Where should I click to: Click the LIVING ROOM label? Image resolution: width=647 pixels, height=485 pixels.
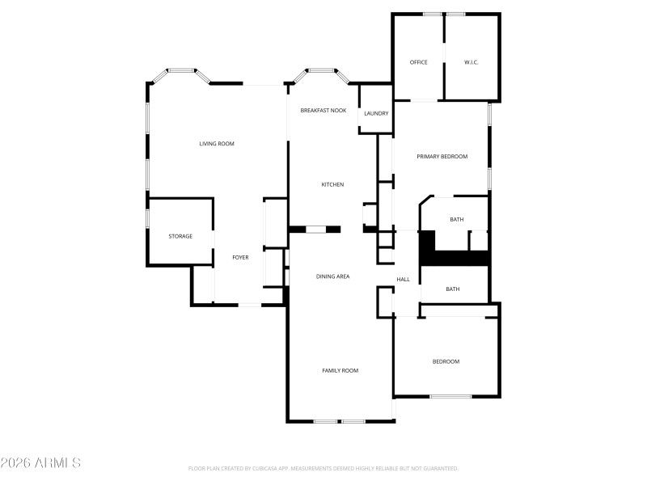click(217, 144)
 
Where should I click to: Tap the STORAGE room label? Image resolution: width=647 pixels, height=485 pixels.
click(180, 236)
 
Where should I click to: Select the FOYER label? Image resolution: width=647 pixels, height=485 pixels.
click(240, 257)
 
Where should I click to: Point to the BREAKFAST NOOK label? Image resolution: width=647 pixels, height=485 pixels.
click(323, 110)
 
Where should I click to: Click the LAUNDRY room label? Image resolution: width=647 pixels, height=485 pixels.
click(376, 114)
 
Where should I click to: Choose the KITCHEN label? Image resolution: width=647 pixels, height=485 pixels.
click(332, 184)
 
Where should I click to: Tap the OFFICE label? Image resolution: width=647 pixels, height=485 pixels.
click(418, 62)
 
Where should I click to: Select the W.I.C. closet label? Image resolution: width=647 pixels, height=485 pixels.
click(472, 62)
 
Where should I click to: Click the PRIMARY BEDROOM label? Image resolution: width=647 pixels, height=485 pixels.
click(442, 156)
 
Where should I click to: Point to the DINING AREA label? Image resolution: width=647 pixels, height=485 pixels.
click(332, 276)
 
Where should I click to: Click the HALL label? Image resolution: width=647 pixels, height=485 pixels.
click(403, 280)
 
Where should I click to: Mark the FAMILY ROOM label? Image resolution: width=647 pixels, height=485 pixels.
click(340, 370)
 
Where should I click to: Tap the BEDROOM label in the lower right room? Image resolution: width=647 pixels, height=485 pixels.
click(445, 361)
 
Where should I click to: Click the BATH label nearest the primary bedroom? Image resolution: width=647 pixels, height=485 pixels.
click(456, 219)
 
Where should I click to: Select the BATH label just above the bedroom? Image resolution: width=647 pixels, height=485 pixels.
click(452, 289)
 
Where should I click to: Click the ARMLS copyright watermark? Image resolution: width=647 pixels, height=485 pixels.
click(40, 463)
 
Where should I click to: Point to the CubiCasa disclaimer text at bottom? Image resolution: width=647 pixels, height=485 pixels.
click(323, 468)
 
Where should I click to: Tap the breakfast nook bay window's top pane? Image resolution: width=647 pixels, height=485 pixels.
click(321, 70)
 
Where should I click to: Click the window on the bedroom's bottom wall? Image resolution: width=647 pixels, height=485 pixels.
click(450, 396)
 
